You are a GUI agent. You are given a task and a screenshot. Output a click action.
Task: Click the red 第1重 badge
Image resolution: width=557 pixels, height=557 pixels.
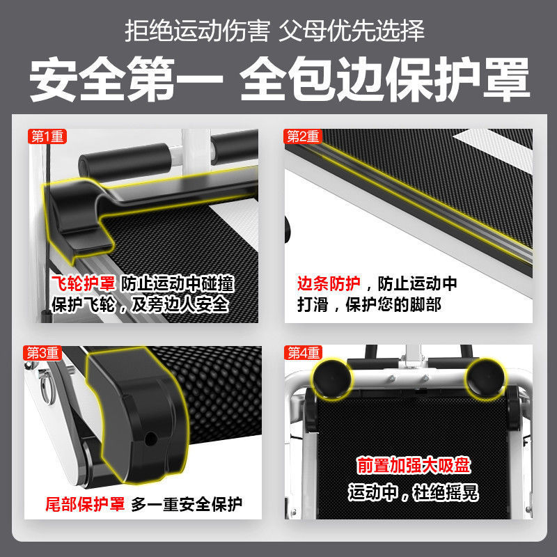(x=47, y=136)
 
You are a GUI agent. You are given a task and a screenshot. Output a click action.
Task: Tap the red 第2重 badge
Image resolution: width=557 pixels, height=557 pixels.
(x=303, y=136)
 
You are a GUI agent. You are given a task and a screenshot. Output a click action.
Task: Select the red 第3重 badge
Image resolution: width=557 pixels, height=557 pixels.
(x=42, y=353)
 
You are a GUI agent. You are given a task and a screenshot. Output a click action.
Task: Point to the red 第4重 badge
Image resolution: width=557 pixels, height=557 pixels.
(x=303, y=353)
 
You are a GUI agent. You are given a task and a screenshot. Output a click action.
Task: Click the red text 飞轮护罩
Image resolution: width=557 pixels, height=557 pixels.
(x=83, y=283)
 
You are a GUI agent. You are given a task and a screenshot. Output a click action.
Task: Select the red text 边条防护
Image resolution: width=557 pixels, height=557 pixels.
(x=329, y=283)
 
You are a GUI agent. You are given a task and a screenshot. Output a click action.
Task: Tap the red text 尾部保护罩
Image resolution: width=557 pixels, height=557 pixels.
(x=85, y=503)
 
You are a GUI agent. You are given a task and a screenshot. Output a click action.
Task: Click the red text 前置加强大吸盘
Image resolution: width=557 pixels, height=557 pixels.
(x=414, y=466)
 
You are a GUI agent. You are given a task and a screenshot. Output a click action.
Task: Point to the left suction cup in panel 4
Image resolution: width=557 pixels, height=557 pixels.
(x=332, y=379)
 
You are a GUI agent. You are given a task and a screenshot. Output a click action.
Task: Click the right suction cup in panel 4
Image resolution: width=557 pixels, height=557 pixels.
(x=486, y=378)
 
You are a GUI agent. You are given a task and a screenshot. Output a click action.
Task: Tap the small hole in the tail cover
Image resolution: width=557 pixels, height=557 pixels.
(x=151, y=439)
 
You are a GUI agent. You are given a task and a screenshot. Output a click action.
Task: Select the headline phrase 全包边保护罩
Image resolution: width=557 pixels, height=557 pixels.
(x=385, y=79)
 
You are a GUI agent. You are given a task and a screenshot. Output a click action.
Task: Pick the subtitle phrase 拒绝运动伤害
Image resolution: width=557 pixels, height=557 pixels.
(x=198, y=31)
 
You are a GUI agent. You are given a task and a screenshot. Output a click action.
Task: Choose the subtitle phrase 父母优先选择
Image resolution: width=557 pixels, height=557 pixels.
(x=352, y=31)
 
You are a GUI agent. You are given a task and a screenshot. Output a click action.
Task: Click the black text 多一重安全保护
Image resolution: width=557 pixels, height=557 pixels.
(x=187, y=504)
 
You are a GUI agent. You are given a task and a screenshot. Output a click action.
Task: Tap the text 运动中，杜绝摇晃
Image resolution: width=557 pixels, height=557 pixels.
(x=413, y=493)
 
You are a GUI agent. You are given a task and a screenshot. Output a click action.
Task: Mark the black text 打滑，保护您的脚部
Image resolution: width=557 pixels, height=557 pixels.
(x=370, y=304)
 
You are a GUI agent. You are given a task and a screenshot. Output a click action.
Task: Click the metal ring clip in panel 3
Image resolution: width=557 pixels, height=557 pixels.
(x=47, y=387)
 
